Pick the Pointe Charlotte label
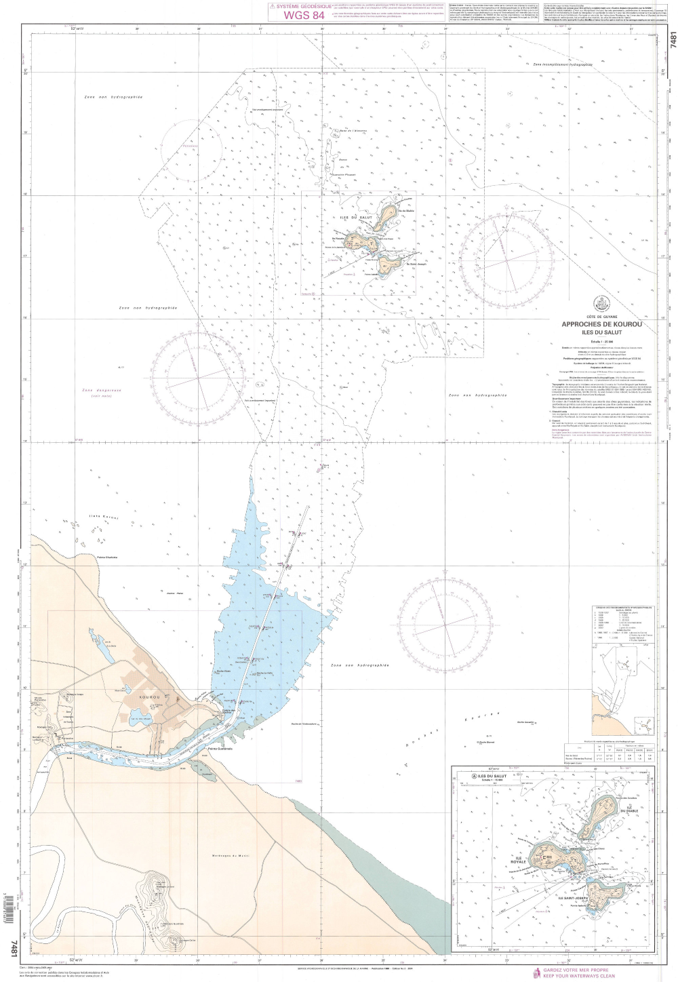click(107, 557)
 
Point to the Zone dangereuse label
click(101, 391)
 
